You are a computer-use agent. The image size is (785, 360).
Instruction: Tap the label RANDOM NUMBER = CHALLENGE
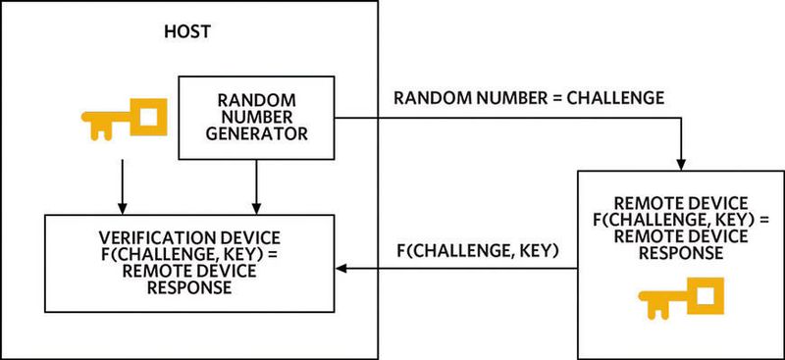click(x=528, y=98)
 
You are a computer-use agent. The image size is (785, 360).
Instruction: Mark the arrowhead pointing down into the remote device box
click(x=679, y=163)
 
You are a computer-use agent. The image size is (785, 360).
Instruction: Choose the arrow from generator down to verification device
click(x=256, y=186)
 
